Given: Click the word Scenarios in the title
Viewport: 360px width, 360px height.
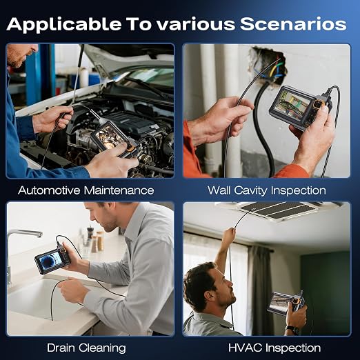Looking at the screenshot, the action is coord(293,24).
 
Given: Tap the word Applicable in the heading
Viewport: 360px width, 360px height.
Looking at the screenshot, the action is coord(64,24).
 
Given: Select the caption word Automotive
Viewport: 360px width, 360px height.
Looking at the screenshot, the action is coord(49,190).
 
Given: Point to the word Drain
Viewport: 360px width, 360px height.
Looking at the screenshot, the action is coord(61,348).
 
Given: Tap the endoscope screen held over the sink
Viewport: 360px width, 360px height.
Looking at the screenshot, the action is coord(51,261).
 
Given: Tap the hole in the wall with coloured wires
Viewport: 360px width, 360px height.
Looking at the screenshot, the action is coord(268,65).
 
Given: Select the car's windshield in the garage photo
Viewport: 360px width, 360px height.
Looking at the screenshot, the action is coord(147,77).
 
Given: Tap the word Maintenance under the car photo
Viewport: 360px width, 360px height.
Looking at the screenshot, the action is coord(119,190).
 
